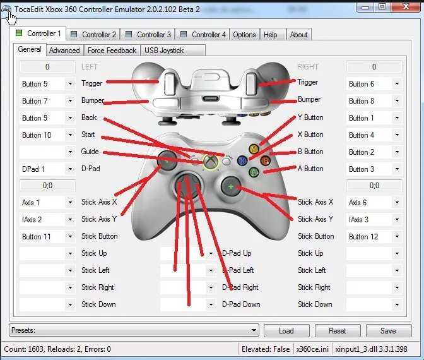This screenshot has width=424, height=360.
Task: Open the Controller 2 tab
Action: pos(93,34)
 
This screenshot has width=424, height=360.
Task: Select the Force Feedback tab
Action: pos(112,51)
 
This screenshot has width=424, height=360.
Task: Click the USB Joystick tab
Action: pos(173,51)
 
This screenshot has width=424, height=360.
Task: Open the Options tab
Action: pos(244,34)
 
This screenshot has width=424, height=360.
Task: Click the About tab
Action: pos(299,34)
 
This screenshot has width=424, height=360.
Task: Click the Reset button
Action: pos(338,330)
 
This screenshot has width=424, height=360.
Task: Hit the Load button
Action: pos(286,330)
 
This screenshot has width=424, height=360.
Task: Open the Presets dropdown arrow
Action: pos(254,330)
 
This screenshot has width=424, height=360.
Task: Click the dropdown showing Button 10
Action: pos(47,135)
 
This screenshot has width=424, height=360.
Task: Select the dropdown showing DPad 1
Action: pos(47,169)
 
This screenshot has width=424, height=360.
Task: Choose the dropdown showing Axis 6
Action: pos(374,203)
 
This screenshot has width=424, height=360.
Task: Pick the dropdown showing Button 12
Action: pos(374,237)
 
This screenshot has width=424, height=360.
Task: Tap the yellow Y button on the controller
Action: pos(254,149)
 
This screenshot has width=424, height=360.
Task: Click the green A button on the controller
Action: pos(254,172)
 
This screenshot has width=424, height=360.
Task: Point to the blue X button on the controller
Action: pos(242,160)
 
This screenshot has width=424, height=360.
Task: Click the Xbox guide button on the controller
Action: pos(211,162)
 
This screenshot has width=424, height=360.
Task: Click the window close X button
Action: pos(406,7)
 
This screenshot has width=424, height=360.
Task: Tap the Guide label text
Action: pos(90,152)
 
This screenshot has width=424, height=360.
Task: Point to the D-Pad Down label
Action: pos(241,304)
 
